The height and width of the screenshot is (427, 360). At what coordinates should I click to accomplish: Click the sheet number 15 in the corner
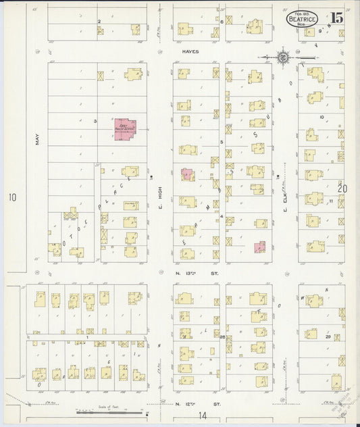click(336, 18)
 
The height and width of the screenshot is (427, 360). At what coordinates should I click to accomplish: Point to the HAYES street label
click(188, 51)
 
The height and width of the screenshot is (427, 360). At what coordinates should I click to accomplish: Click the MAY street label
click(36, 139)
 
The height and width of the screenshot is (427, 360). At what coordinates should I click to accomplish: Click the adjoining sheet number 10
click(11, 197)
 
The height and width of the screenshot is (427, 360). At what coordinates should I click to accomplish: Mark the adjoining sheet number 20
click(342, 189)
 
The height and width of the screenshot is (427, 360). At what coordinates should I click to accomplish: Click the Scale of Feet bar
click(108, 411)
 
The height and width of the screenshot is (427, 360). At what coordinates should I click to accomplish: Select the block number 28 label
click(222, 336)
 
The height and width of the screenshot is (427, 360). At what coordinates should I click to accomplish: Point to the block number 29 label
click(328, 336)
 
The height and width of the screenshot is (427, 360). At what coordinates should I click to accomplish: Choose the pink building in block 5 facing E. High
click(187, 174)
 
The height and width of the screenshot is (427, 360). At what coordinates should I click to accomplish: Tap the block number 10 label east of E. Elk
click(322, 117)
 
